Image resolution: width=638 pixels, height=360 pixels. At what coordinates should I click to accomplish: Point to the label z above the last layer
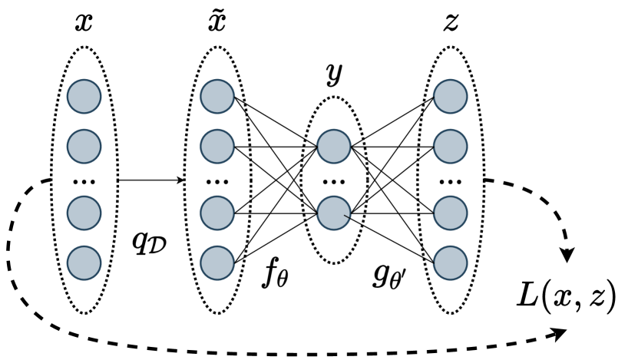click(x=451, y=24)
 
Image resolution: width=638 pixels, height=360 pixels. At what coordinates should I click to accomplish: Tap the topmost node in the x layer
click(x=84, y=97)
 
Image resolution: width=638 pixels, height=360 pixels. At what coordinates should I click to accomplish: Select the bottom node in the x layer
click(x=84, y=262)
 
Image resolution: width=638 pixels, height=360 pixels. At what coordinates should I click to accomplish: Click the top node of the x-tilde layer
click(x=217, y=97)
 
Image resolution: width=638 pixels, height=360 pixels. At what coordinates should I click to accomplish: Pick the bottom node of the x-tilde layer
click(x=217, y=262)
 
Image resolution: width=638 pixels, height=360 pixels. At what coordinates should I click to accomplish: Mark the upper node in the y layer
click(x=334, y=145)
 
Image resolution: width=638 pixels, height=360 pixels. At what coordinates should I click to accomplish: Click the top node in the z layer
click(x=451, y=97)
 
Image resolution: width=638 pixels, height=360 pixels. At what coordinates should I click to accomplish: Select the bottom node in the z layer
click(x=451, y=262)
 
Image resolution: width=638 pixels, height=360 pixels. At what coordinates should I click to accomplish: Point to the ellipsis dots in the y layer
click(x=334, y=182)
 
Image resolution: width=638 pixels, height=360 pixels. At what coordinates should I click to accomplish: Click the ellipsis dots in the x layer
click(x=84, y=182)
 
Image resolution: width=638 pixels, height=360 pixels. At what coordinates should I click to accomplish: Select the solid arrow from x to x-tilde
click(x=150, y=181)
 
